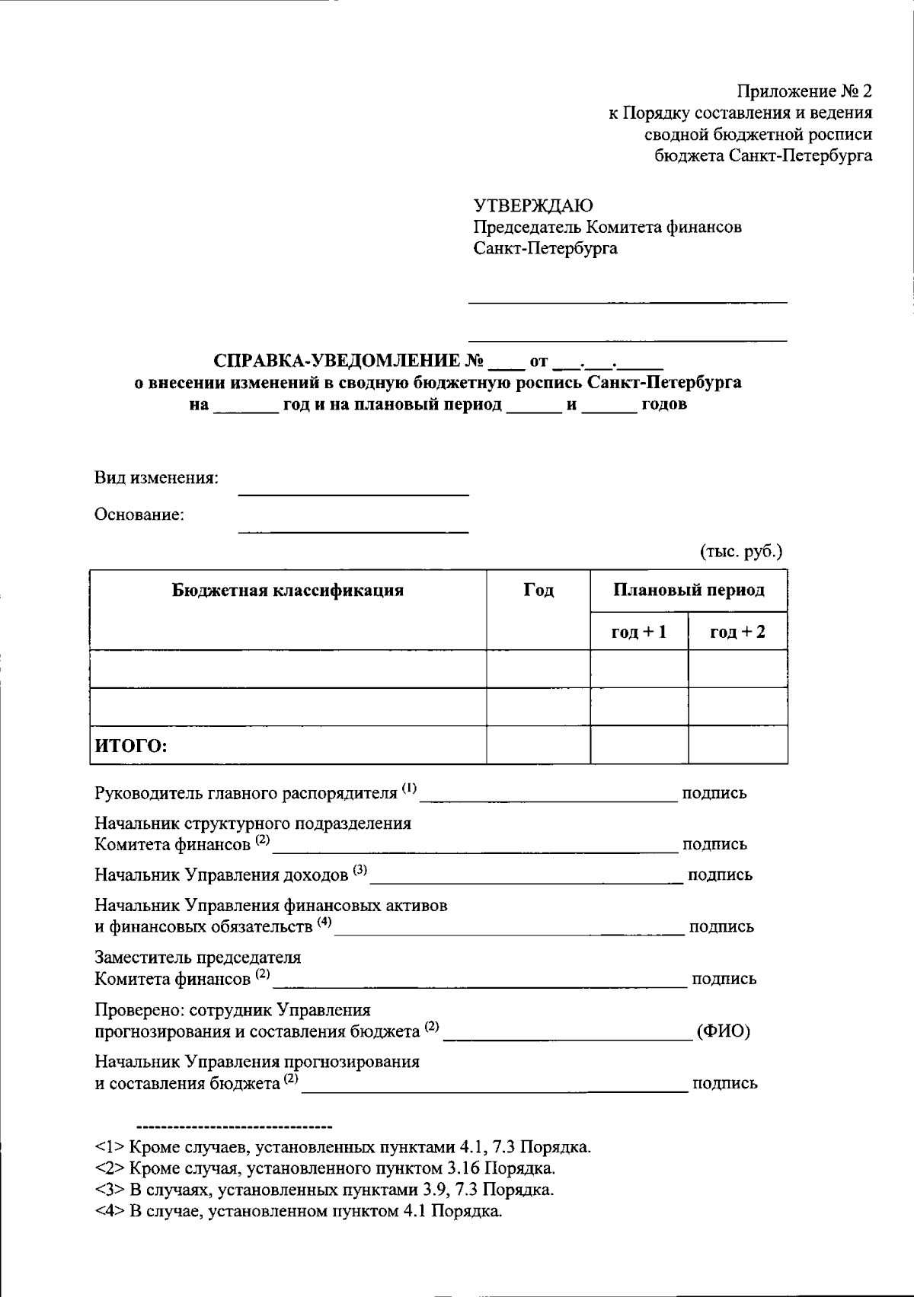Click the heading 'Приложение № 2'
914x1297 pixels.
804,92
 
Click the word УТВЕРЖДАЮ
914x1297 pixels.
533,206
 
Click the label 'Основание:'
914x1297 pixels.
139,515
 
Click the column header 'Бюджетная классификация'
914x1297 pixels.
288,591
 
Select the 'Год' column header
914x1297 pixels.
538,591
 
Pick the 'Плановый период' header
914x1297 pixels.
689,591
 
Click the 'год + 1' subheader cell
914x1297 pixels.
639,632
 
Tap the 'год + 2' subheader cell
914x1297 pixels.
737,632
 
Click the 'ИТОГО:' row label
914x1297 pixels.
131,746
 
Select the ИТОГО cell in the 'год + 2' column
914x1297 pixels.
737,745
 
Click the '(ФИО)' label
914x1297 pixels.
723,1031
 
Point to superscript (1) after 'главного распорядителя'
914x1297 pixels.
410,789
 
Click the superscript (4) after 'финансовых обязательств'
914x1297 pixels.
325,923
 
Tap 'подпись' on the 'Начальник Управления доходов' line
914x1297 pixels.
720,875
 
